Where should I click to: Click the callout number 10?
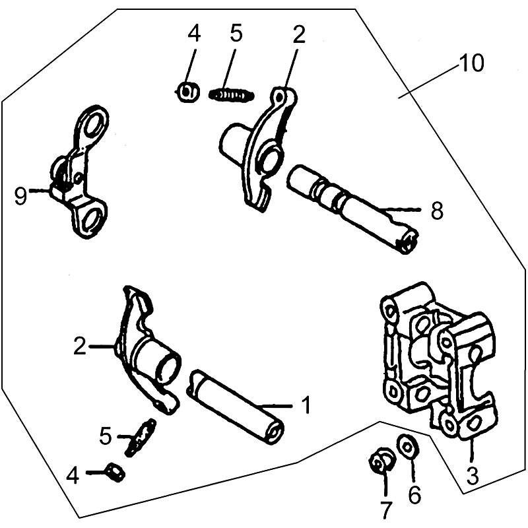tap(471, 63)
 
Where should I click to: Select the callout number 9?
tap(20, 196)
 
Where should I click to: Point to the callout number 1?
tap(306, 405)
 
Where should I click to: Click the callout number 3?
tap(473, 476)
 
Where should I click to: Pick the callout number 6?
tap(414, 494)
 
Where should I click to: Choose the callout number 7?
tap(386, 510)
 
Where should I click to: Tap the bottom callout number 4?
tap(73, 476)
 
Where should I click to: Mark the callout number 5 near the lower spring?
tap(106, 436)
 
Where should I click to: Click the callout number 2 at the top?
tap(298, 34)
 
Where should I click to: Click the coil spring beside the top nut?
tap(232, 94)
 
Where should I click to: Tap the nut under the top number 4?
tap(188, 92)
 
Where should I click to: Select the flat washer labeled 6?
tap(407, 447)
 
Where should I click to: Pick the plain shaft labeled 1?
tap(236, 407)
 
